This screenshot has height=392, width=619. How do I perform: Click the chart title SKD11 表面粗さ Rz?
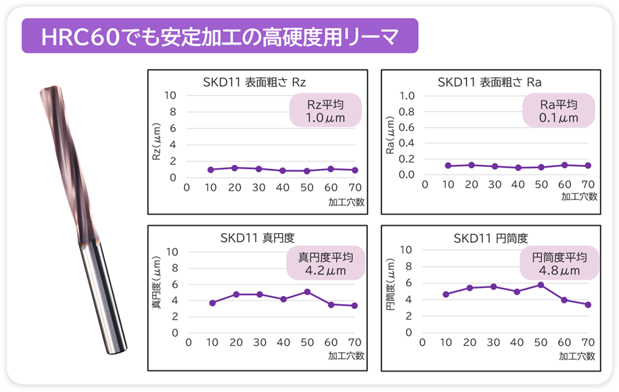pyautogui.click(x=254, y=82)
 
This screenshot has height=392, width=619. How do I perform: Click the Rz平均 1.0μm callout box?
pyautogui.click(x=325, y=110)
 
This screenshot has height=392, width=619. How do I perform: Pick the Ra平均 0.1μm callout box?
pyautogui.click(x=559, y=110)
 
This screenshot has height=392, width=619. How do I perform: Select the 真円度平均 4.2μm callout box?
pyautogui.click(x=326, y=264)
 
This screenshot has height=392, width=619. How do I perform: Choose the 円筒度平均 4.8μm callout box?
pyautogui.click(x=559, y=264)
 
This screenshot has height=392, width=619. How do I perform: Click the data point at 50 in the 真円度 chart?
pyautogui.click(x=307, y=292)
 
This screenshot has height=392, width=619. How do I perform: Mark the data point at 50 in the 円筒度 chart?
pyautogui.click(x=540, y=285)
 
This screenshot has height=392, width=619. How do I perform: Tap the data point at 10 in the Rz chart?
pyautogui.click(x=210, y=170)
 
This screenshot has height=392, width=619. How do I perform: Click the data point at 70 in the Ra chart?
pyautogui.click(x=588, y=166)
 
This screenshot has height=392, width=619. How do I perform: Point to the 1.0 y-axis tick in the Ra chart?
pyautogui.click(x=407, y=95)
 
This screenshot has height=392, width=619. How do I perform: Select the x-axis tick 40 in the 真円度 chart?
pyautogui.click(x=283, y=343)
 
